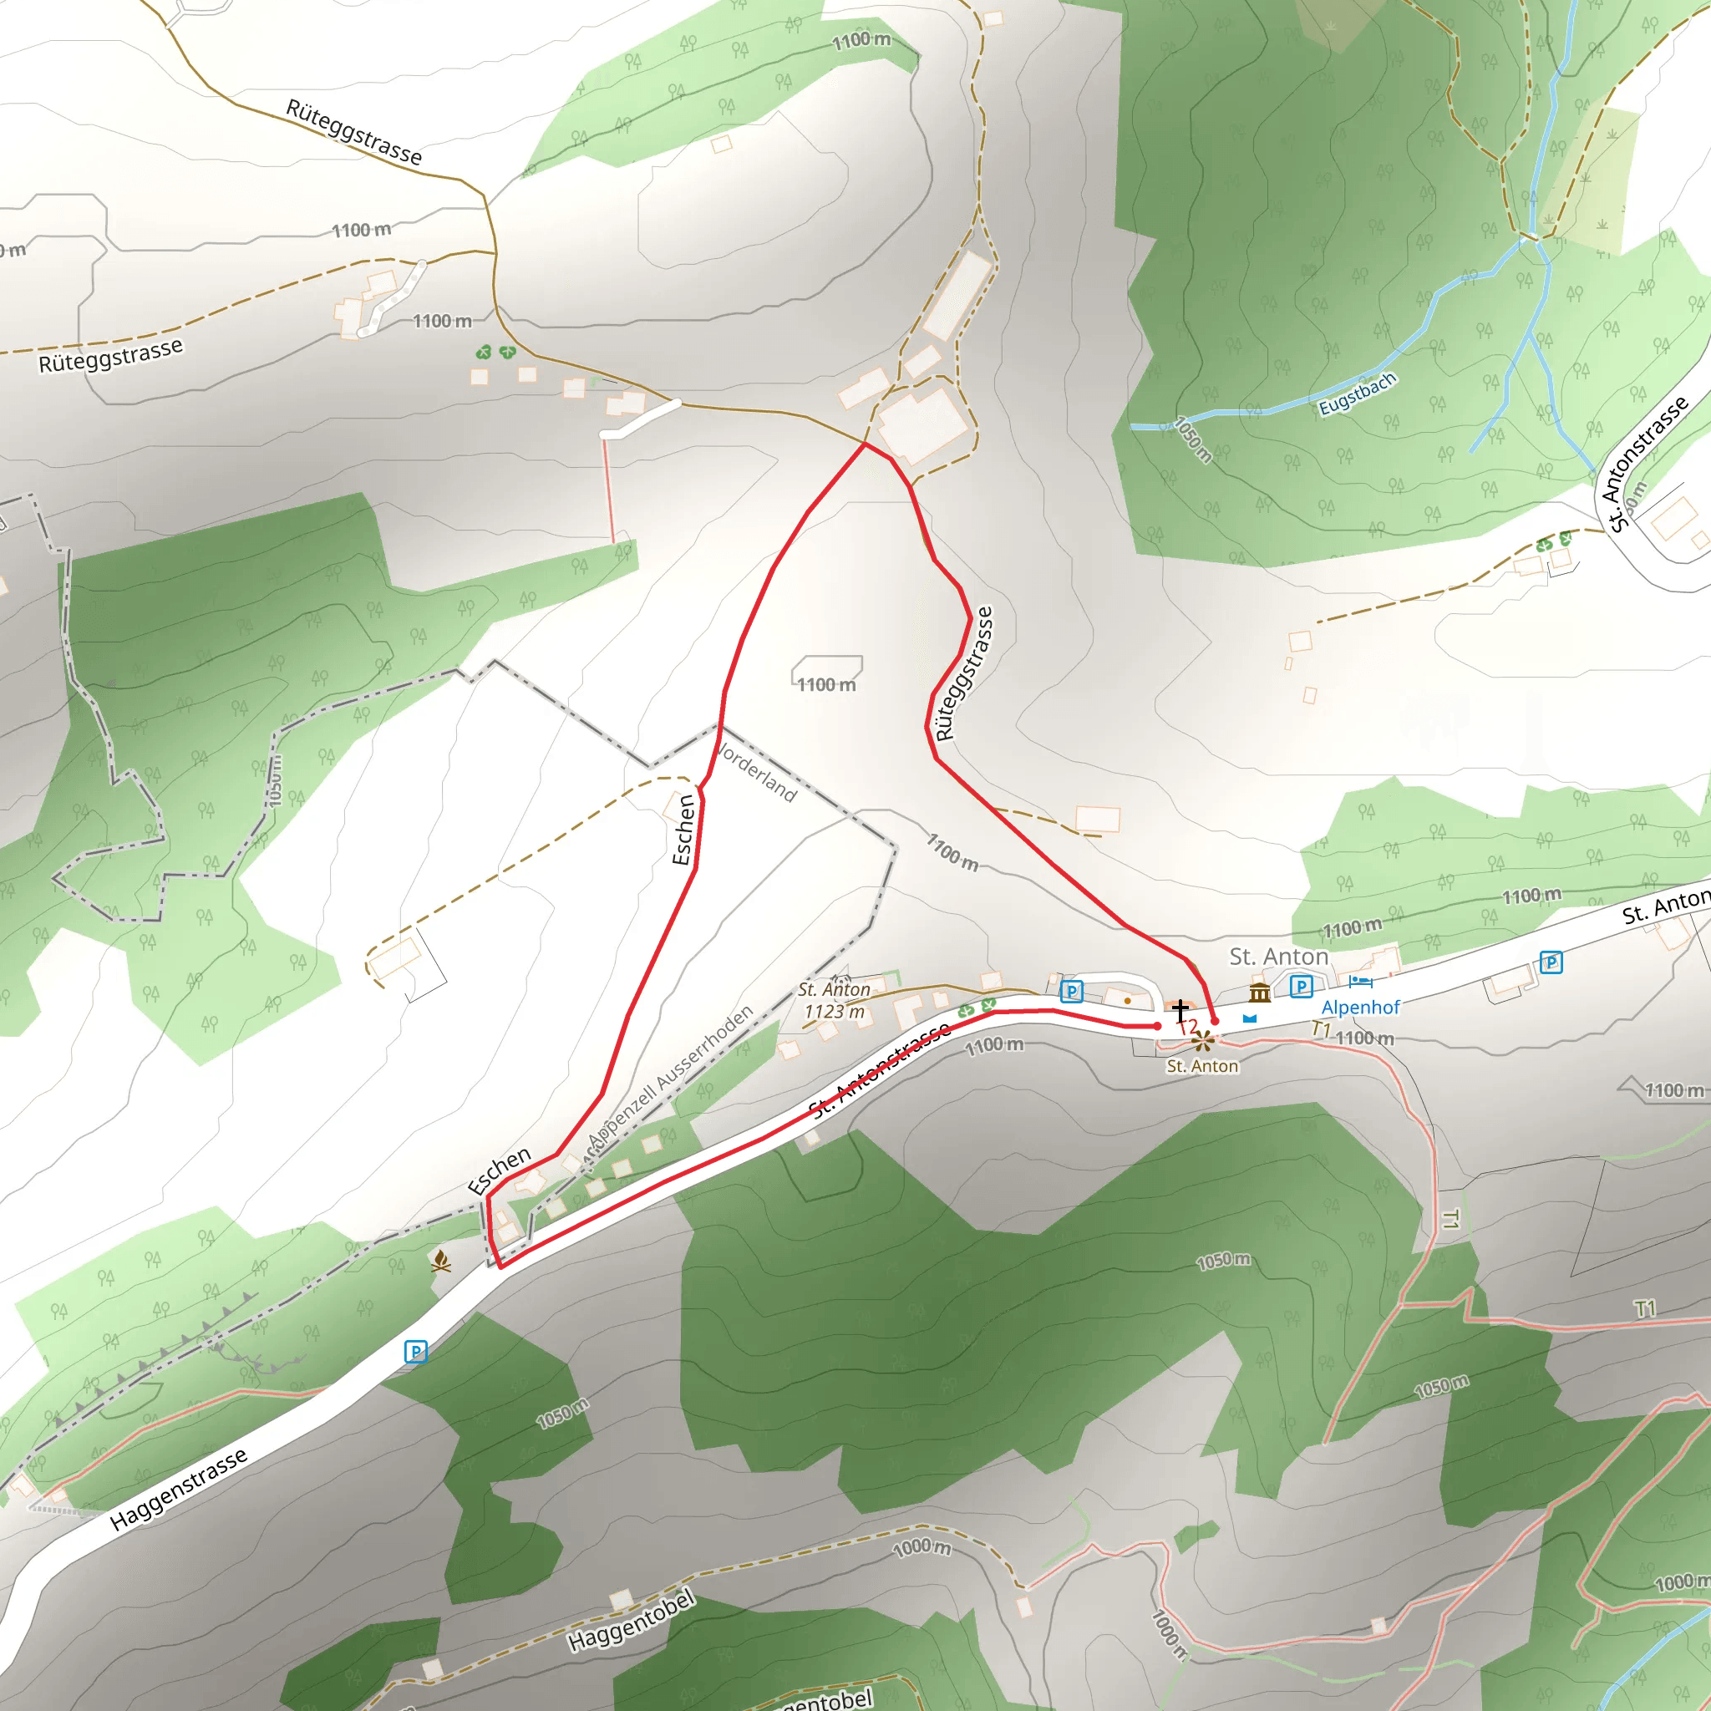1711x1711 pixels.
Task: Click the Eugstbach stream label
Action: [x=1357, y=394]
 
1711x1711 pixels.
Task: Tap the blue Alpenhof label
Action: [x=1360, y=1007]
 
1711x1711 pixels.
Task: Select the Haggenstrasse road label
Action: [x=178, y=1490]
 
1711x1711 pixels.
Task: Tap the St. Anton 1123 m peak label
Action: [x=833, y=1000]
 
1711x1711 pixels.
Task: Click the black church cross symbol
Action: [x=1180, y=1009]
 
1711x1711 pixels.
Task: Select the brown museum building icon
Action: [x=1259, y=992]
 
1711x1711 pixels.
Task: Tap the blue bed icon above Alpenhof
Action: [x=1360, y=982]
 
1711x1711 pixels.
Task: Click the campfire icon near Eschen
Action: [x=441, y=1260]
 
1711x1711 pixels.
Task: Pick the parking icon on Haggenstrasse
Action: [x=415, y=1352]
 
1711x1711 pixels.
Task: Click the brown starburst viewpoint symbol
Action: [x=1201, y=1041]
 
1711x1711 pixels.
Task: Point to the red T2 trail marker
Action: [x=1189, y=1027]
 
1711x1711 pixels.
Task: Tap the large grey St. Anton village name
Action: [x=1279, y=957]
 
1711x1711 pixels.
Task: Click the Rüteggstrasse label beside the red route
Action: [x=964, y=673]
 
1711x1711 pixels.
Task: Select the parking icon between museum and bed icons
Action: [x=1301, y=986]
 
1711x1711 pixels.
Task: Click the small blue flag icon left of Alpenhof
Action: [x=1250, y=1018]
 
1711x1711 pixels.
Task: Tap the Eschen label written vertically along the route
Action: [x=683, y=829]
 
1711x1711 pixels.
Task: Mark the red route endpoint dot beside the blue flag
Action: [x=1215, y=1021]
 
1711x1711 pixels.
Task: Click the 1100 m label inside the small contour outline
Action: [x=826, y=684]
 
